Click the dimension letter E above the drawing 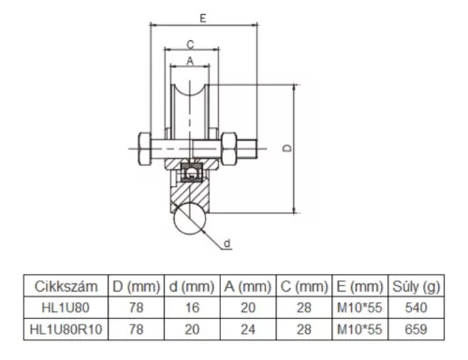tap(203, 19)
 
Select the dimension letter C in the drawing tap(190, 45)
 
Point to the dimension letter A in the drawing tap(190, 61)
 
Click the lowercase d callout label tap(227, 243)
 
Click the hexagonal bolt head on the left tap(145, 149)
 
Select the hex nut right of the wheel tap(228, 149)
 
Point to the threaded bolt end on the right tap(247, 149)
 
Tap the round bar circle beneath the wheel tap(190, 219)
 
